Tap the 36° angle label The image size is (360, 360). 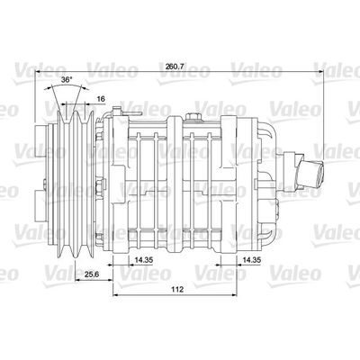[x=66, y=80]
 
